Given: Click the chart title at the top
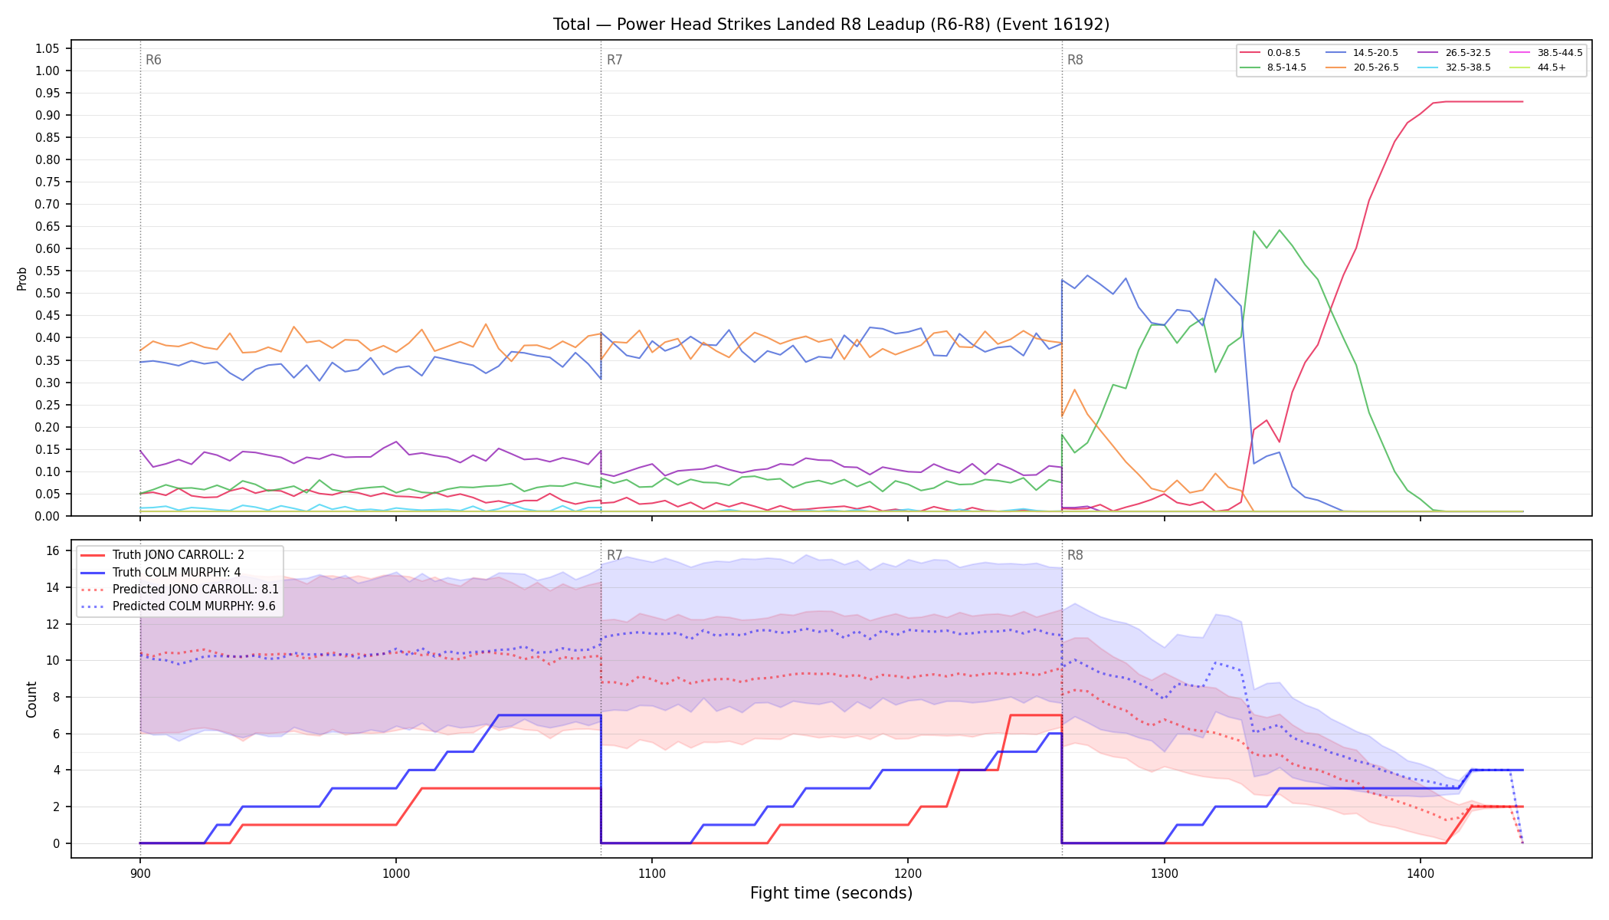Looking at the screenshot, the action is click(x=831, y=25).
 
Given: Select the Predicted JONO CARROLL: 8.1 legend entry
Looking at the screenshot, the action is click(x=180, y=589).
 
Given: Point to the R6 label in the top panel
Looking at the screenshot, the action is click(x=153, y=60).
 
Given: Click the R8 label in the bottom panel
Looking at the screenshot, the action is click(x=1075, y=555).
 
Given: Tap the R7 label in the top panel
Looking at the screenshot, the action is click(x=614, y=60).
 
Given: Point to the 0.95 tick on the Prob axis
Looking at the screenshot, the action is click(x=48, y=93).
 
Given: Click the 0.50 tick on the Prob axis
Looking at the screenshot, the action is click(x=48, y=293).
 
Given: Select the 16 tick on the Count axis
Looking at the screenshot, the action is click(x=53, y=550).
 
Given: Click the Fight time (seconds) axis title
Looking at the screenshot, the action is click(x=831, y=893).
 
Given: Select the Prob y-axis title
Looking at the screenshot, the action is click(x=22, y=278).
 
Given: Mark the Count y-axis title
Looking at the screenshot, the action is click(x=31, y=699).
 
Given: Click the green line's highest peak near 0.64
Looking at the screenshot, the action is click(x=1279, y=230).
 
